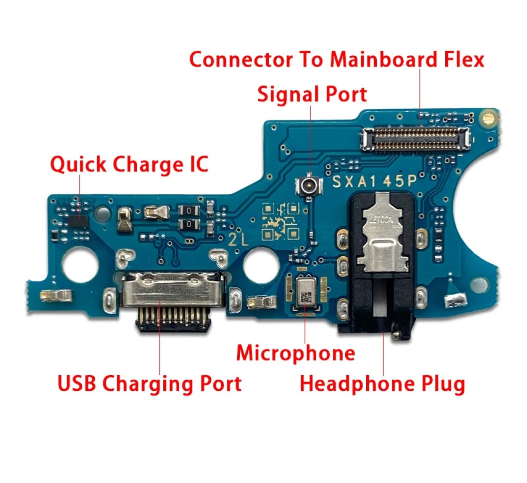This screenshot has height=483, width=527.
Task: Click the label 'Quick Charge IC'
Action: [x=129, y=164]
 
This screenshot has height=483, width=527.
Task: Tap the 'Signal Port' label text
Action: [x=312, y=94]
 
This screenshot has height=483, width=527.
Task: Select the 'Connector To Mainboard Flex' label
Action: [x=336, y=60]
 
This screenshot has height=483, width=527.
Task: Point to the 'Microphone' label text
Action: [x=295, y=353]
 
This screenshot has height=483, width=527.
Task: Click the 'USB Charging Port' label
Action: [x=150, y=383]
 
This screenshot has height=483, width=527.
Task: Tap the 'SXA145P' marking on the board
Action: [x=374, y=181]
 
